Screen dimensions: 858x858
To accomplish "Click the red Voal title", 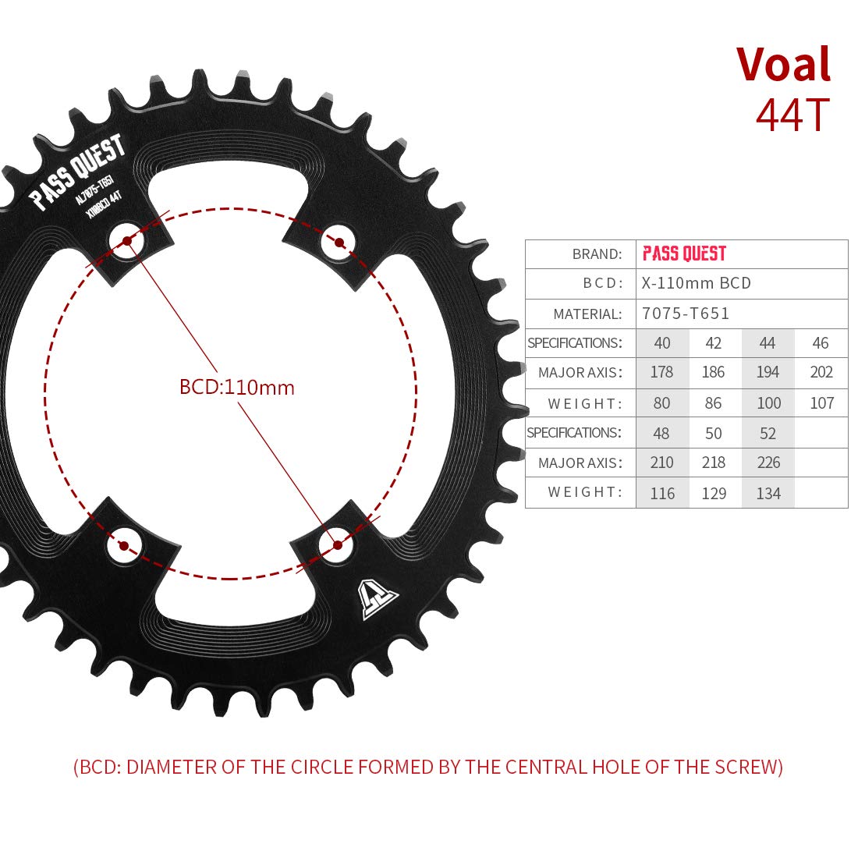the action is (784, 64).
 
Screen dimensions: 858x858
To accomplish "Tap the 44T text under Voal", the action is (793, 115).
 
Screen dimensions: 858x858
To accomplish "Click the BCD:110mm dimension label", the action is (237, 388).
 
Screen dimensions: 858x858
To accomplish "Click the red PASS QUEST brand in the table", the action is (684, 253).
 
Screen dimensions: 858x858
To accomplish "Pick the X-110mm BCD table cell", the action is (696, 283).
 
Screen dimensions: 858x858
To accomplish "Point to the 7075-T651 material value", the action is (686, 314).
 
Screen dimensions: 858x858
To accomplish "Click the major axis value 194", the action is (768, 372).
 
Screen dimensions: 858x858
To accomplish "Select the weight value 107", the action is (821, 403).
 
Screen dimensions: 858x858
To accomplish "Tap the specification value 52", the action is (768, 434).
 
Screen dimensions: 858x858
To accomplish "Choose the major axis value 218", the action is (714, 463).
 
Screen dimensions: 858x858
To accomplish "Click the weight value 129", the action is (714, 494).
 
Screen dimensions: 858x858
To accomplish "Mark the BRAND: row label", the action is (597, 254).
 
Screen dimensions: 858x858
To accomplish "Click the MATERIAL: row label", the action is (587, 314).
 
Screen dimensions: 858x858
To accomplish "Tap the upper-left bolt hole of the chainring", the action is (127, 241).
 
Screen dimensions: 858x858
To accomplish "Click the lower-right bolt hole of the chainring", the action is (337, 545).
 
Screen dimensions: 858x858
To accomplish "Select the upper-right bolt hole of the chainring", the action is (339, 243).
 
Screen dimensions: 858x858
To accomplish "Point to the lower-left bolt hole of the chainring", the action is (124, 545).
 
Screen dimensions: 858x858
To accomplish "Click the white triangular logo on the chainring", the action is (377, 600).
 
